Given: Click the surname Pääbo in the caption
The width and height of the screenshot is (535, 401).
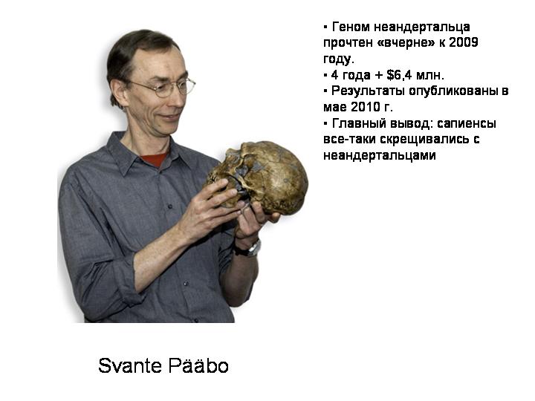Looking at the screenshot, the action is [x=198, y=365].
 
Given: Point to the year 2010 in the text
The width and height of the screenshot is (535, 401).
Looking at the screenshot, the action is [x=366, y=107].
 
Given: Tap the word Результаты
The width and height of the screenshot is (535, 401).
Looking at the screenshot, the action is [x=368, y=91].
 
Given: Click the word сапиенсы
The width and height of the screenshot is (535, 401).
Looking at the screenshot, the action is [x=467, y=123].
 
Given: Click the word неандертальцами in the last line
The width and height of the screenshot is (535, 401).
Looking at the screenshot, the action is [x=380, y=155].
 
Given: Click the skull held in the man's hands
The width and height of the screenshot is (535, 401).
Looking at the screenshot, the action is [x=259, y=177].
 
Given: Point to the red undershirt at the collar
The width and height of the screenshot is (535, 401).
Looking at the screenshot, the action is [x=155, y=160].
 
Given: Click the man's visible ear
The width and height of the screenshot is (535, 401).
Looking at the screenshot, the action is [x=118, y=93].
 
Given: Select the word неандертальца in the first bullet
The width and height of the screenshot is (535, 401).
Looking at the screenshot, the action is [x=422, y=27].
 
